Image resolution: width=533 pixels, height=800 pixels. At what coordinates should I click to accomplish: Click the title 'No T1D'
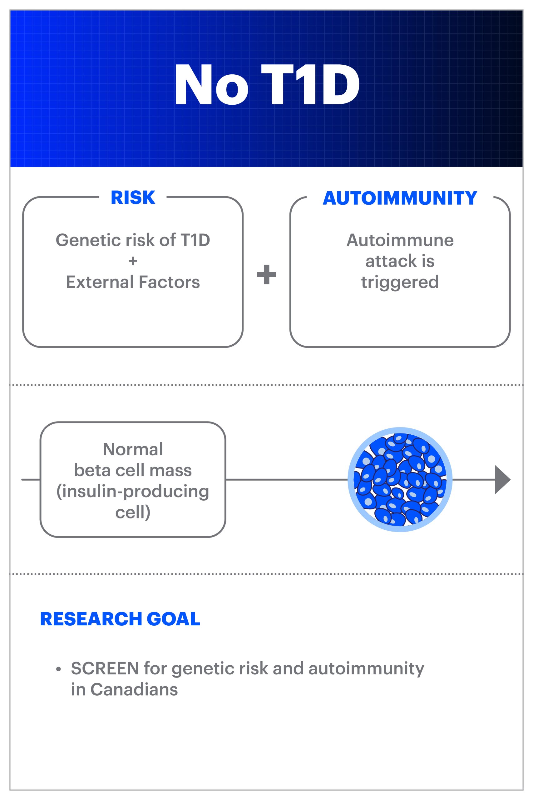(x=267, y=85)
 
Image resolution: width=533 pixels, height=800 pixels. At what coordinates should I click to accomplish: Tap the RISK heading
(x=133, y=197)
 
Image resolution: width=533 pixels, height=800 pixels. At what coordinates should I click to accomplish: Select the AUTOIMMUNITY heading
(x=400, y=198)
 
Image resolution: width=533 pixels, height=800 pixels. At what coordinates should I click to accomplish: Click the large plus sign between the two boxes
(x=267, y=274)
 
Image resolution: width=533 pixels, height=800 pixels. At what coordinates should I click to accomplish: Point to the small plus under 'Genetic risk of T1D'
(x=133, y=261)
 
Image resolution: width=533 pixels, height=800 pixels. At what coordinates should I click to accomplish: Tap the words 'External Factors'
(x=133, y=282)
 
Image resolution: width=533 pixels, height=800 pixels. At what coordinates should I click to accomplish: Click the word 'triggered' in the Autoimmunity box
(x=400, y=282)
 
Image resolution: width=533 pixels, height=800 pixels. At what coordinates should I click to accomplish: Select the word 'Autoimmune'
(x=400, y=240)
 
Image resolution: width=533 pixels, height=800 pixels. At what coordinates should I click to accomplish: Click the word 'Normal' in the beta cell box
(x=133, y=449)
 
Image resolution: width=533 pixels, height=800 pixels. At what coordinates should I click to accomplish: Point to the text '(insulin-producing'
(x=133, y=491)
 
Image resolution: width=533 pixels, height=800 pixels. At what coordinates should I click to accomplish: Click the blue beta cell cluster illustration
(x=400, y=480)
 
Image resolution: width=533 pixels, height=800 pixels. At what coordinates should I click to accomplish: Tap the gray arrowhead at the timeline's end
(x=502, y=480)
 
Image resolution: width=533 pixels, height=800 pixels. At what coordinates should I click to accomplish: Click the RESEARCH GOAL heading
(x=120, y=619)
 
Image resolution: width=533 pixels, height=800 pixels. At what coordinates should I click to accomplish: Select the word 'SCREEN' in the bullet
(x=105, y=668)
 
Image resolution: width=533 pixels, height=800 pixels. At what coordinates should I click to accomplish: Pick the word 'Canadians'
(x=134, y=689)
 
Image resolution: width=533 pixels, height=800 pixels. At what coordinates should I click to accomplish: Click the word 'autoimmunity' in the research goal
(x=366, y=668)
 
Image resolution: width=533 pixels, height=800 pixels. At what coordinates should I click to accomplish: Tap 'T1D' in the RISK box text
(x=195, y=240)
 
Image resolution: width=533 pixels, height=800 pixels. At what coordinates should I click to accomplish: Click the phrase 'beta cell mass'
(x=133, y=470)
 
